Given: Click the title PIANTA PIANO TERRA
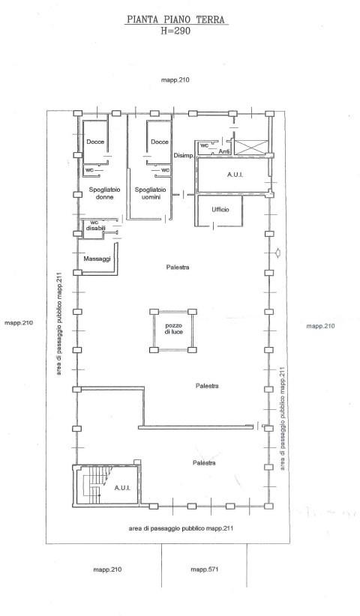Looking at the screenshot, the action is click(176, 19).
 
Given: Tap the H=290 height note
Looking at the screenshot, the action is click(175, 31).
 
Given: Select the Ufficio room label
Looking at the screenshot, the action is click(220, 210).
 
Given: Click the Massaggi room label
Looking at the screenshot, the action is click(97, 259).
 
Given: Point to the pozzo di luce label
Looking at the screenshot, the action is click(174, 329).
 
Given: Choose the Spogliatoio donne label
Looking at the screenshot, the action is click(104, 193).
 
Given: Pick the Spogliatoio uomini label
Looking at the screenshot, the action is click(151, 193).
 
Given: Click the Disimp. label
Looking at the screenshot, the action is click(184, 156).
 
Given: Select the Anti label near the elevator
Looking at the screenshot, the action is click(224, 151).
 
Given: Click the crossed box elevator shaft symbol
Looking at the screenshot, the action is click(250, 147).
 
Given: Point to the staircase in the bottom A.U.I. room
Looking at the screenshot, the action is click(94, 484).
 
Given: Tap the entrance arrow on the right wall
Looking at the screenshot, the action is click(277, 253).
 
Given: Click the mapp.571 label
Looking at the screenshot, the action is click(204, 570).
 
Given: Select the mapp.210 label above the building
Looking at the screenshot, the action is click(175, 80).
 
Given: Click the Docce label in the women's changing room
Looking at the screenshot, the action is click(95, 142).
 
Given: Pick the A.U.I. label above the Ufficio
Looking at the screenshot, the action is click(235, 175).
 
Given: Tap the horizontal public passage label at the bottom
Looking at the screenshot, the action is click(181, 528).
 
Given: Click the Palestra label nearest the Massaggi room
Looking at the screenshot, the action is click(178, 268).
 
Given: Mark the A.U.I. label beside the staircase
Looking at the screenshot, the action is click(121, 488).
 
